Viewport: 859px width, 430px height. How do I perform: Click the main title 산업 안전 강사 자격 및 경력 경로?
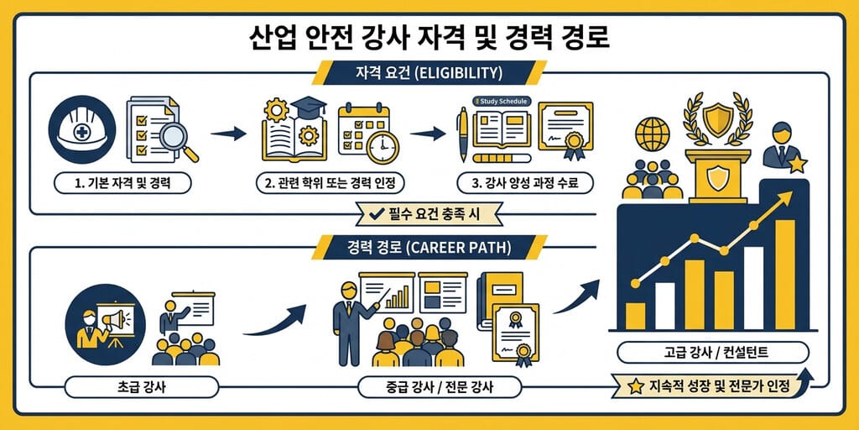click(x=429, y=38)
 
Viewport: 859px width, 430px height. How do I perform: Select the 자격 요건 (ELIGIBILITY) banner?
click(x=429, y=72)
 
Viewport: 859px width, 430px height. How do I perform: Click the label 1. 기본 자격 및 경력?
click(x=122, y=182)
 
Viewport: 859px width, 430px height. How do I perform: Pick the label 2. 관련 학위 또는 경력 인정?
click(x=329, y=182)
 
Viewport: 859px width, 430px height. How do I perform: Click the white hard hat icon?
click(x=82, y=130)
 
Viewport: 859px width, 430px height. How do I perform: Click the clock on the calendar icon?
click(x=383, y=147)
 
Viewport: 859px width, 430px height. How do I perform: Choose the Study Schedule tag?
click(x=501, y=101)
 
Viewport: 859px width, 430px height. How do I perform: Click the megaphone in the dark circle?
click(x=116, y=320)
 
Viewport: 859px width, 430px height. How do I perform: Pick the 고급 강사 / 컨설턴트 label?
click(x=712, y=352)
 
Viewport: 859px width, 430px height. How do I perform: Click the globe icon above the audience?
click(x=653, y=134)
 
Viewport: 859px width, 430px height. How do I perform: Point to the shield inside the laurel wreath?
click(x=717, y=119)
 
